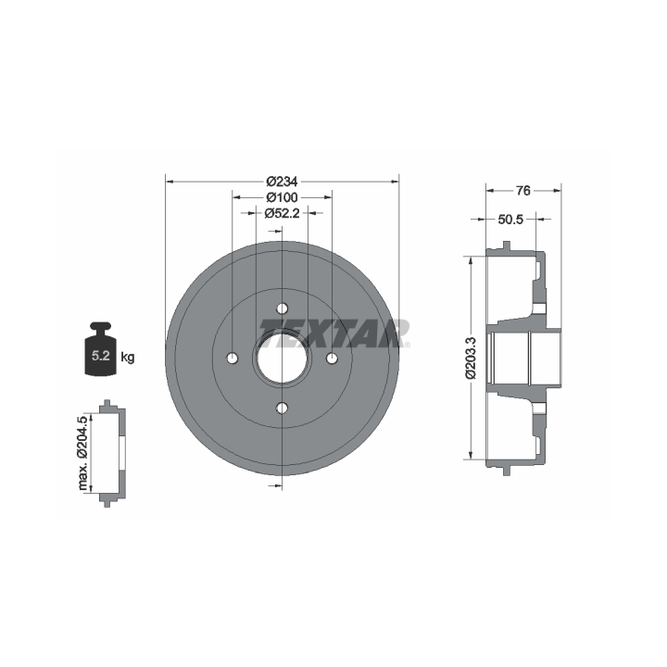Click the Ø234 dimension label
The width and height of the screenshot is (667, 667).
pos(282,182)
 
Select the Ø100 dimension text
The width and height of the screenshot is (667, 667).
pos(282,197)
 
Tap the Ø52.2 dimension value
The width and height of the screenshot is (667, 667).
pos(282,213)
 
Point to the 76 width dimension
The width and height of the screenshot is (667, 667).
pos(523,191)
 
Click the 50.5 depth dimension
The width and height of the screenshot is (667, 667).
pos(510,220)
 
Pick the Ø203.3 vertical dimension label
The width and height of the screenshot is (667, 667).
pos(471,358)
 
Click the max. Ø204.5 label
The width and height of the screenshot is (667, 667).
pos(83,453)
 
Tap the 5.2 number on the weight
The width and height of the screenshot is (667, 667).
pos(101,355)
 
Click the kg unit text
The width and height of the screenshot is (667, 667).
pos(128,358)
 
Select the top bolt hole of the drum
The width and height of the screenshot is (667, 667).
pos(282,308)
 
